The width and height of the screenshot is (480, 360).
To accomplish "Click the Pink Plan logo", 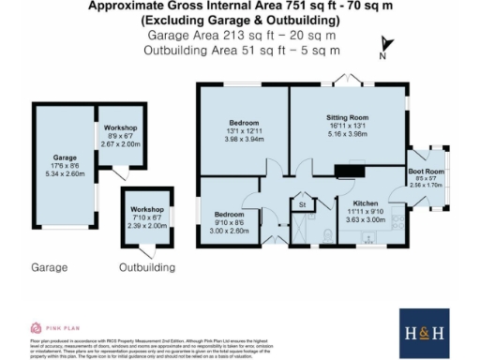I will (49, 327).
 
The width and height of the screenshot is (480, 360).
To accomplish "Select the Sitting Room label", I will (347, 118).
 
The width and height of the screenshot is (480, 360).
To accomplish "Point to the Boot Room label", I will (427, 172).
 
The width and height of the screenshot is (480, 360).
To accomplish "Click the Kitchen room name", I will (365, 202).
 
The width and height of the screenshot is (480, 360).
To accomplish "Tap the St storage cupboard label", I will (303, 203).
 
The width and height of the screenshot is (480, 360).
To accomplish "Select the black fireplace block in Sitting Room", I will (346, 170).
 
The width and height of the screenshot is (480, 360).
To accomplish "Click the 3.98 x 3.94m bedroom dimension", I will (245, 139).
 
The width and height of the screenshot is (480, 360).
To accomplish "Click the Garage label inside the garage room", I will (65, 157).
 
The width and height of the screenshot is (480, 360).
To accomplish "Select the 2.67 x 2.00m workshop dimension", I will (121, 144).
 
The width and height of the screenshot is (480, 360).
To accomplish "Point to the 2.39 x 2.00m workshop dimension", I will (146, 225).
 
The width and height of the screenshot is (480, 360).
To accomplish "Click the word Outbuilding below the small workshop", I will (147, 267).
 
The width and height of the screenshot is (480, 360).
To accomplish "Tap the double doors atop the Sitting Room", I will (347, 80).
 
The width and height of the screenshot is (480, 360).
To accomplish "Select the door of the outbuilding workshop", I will (145, 248).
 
